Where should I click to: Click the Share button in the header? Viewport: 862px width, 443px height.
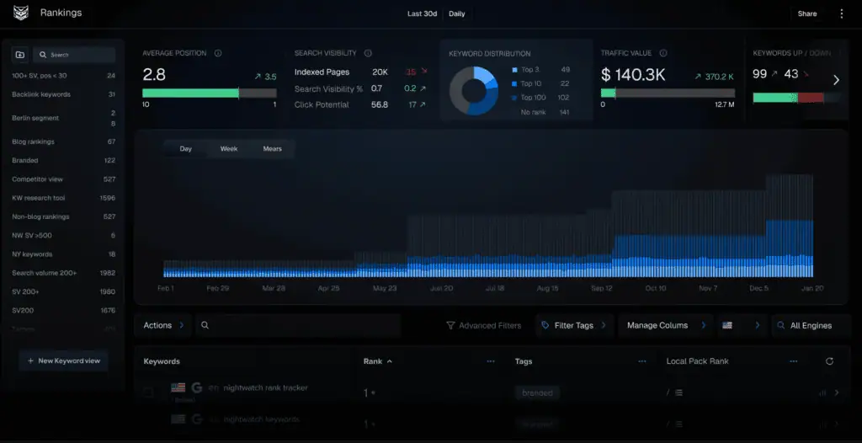pyautogui.click(x=806, y=13)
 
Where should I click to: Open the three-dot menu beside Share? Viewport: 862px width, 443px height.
pyautogui.click(x=841, y=13)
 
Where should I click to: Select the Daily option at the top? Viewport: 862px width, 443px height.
pyautogui.click(x=456, y=13)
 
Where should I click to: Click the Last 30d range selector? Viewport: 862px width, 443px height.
pyautogui.click(x=422, y=13)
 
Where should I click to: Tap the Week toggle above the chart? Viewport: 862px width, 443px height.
pyautogui.click(x=229, y=149)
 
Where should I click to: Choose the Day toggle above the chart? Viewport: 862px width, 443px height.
pyautogui.click(x=186, y=149)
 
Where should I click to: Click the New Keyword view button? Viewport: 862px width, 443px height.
pyautogui.click(x=63, y=360)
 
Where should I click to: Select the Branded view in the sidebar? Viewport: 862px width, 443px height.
pyautogui.click(x=24, y=160)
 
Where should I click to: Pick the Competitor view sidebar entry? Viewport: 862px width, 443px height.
pyautogui.click(x=37, y=179)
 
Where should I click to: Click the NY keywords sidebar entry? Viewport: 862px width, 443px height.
pyautogui.click(x=32, y=254)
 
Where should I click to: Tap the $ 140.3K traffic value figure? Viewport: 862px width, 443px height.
pyautogui.click(x=633, y=75)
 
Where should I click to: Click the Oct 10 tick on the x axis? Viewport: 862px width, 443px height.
pyautogui.click(x=655, y=288)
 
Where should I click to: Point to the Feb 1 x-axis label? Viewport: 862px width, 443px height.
pyautogui.click(x=165, y=288)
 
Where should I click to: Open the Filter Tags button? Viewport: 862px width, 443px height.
pyautogui.click(x=573, y=325)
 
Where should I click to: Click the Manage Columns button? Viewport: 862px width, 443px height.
pyautogui.click(x=657, y=325)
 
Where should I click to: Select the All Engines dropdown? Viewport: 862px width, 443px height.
pyautogui.click(x=810, y=325)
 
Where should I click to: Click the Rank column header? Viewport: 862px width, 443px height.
pyautogui.click(x=373, y=361)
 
